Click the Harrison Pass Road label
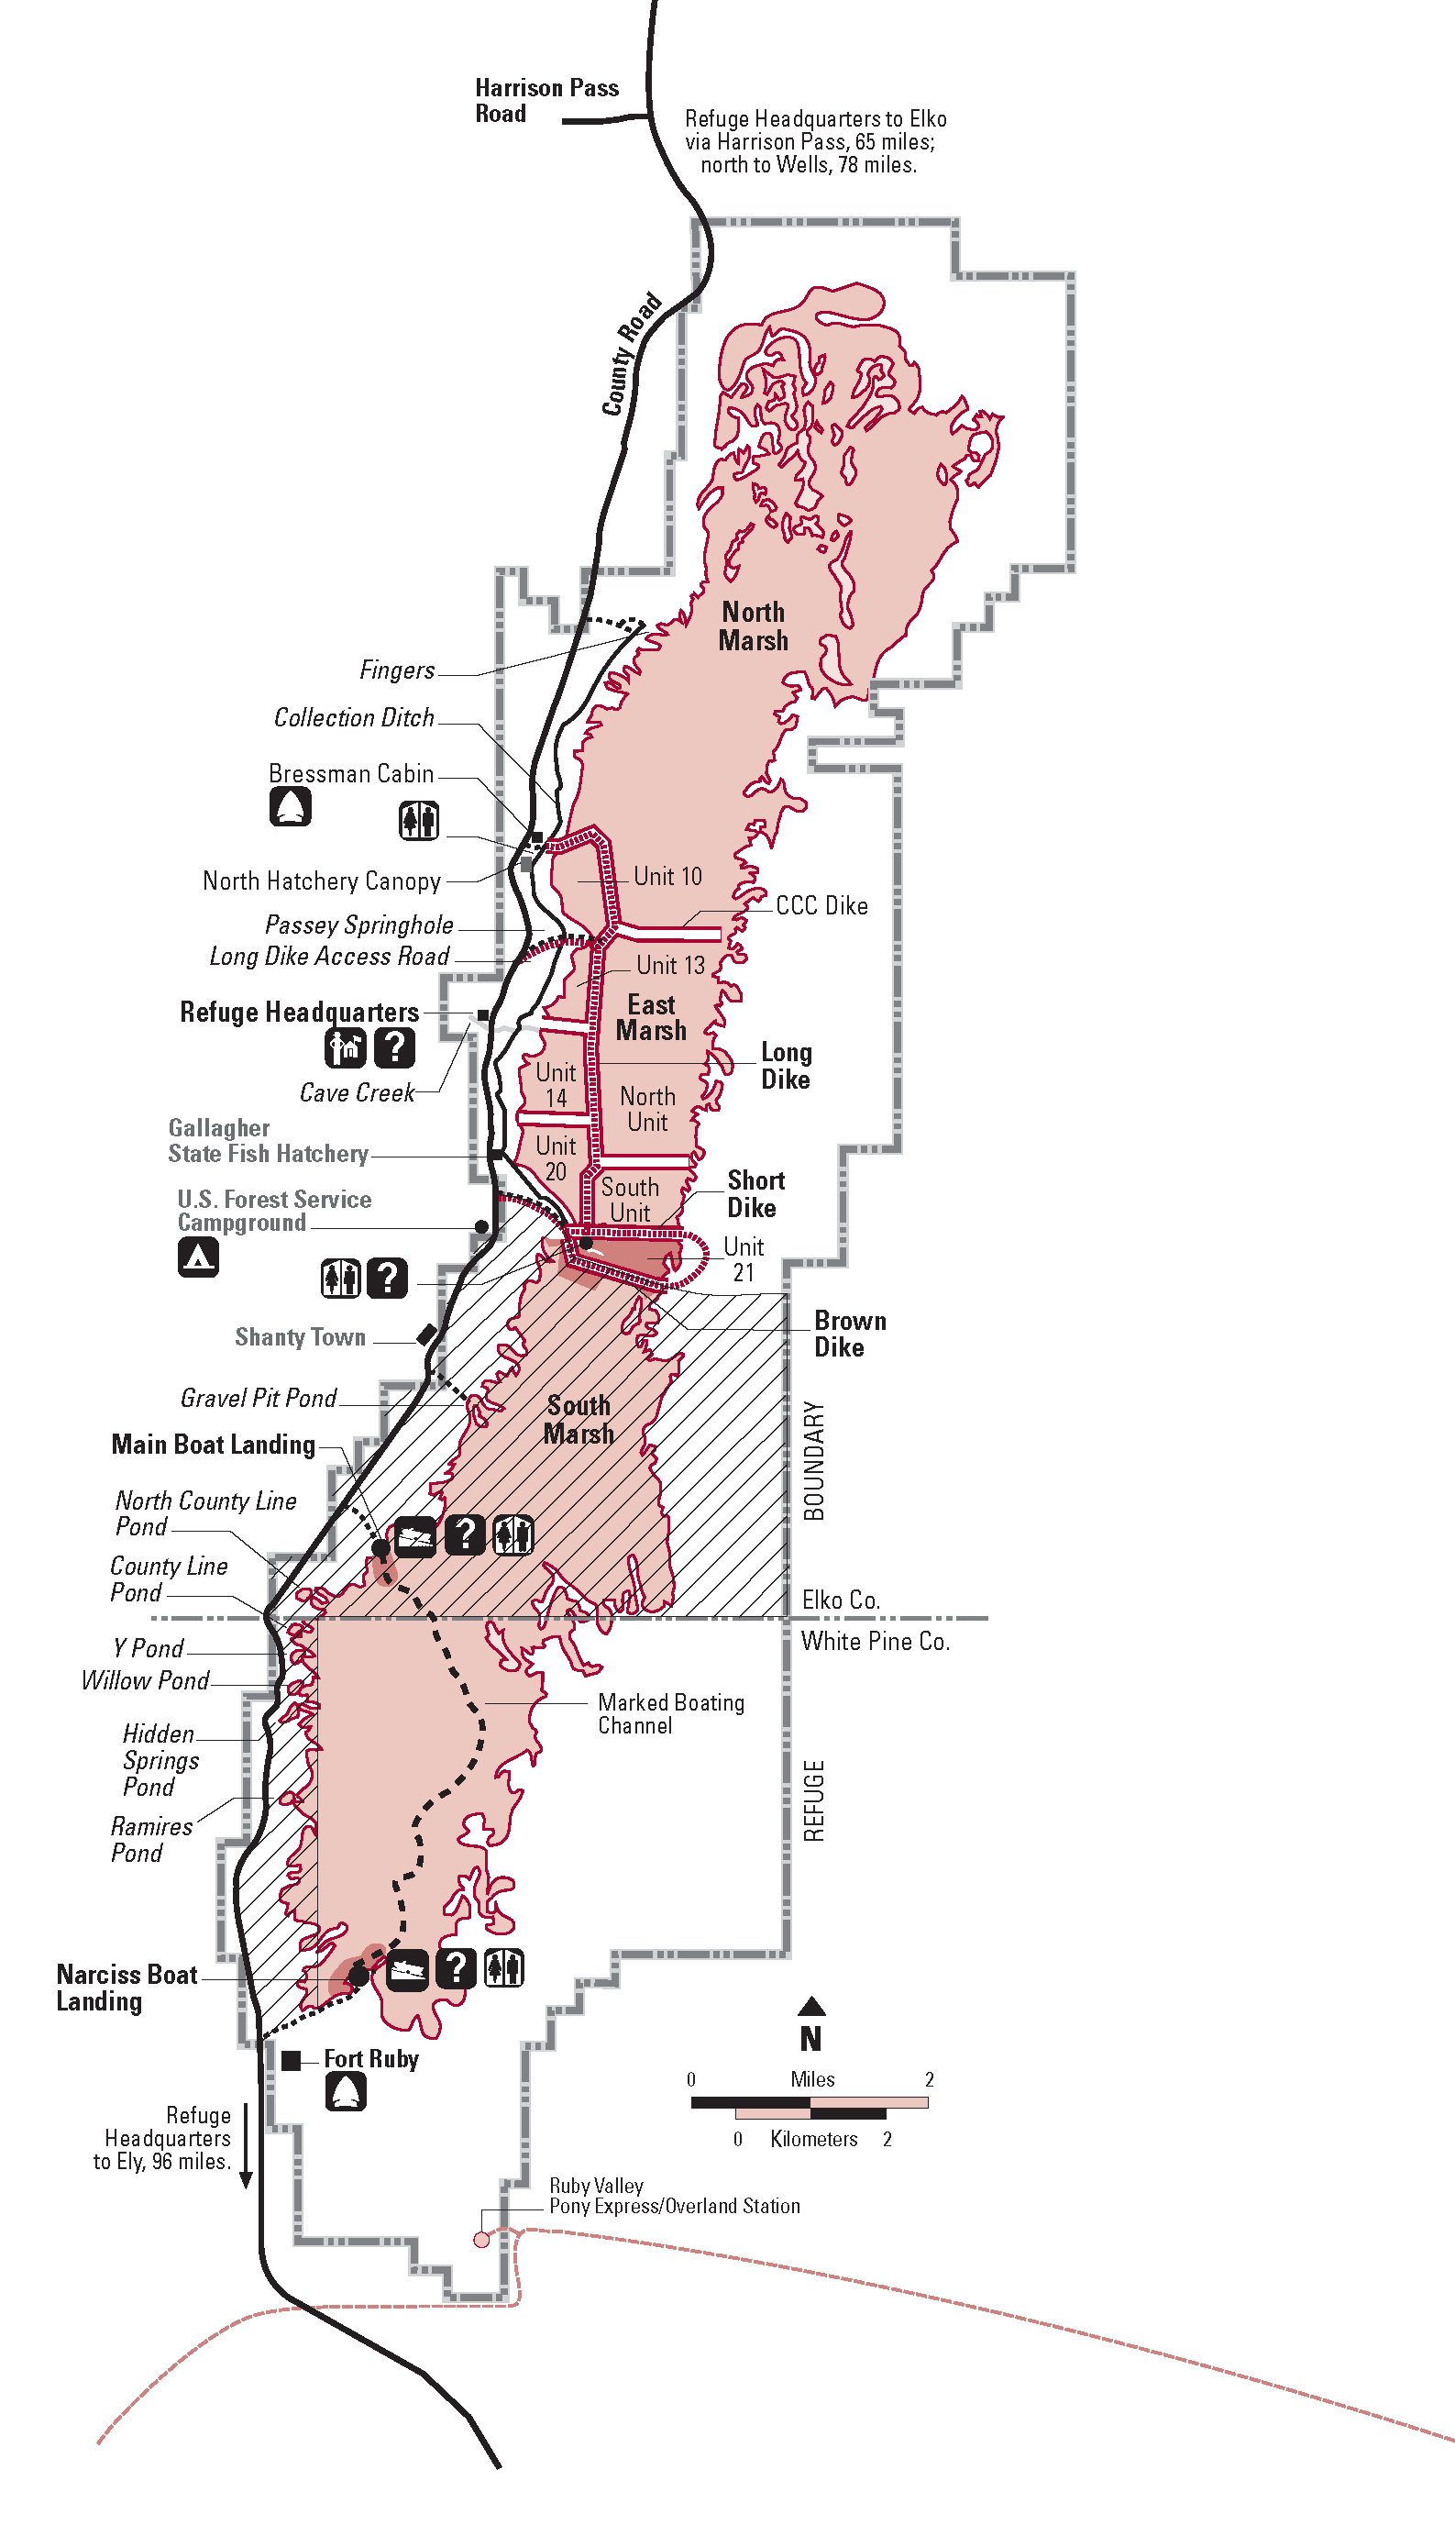coord(546,100)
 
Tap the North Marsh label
coord(754,626)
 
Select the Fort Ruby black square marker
coord(291,2060)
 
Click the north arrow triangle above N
coord(811,2005)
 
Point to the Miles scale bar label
coord(811,2079)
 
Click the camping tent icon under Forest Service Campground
coord(198,1257)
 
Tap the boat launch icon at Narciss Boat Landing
coord(408,1970)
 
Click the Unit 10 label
coord(667,877)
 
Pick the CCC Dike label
coord(821,905)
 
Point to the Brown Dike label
coord(849,1334)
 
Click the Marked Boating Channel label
coord(670,1713)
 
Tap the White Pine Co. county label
coord(876,1642)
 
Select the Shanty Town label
coord(300,1337)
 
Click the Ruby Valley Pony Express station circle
coord(481,2240)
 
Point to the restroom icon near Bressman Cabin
coord(419,820)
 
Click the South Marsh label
coord(579,1420)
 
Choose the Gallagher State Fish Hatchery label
coord(268,1141)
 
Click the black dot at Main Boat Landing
coord(380,1547)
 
